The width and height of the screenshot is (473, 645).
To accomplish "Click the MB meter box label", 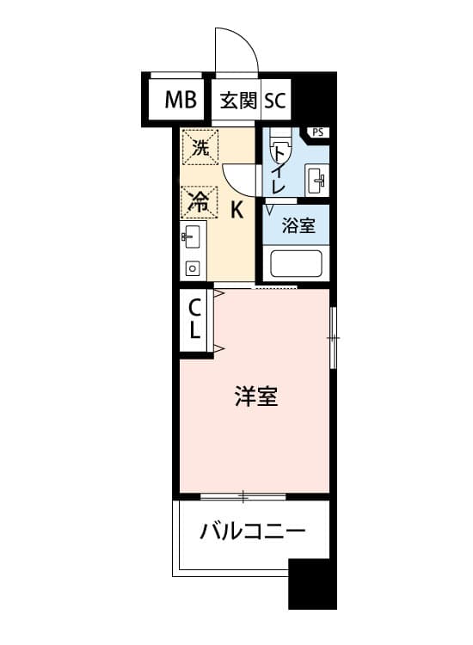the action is (x=181, y=100).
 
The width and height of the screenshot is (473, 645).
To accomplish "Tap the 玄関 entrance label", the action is (x=238, y=100).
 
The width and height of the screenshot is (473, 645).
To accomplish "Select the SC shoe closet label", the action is (x=274, y=100).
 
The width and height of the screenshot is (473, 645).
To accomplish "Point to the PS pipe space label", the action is (x=318, y=132).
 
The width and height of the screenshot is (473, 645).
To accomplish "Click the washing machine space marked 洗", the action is (x=200, y=147).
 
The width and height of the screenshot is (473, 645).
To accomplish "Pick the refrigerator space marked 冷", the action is (x=199, y=202).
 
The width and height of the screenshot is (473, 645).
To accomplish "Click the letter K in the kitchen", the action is (x=236, y=210).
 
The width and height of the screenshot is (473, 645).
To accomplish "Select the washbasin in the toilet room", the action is (x=316, y=181).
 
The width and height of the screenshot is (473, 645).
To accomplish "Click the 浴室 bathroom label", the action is (x=298, y=225).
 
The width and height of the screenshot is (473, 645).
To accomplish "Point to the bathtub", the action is (x=296, y=264).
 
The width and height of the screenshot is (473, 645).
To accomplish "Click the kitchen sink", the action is (x=192, y=236).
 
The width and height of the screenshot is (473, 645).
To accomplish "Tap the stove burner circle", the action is (x=192, y=269).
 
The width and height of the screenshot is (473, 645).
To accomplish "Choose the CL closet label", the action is (x=194, y=319).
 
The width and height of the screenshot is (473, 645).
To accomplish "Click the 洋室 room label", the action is (x=256, y=396).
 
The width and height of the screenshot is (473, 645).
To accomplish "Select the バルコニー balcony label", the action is (x=253, y=531).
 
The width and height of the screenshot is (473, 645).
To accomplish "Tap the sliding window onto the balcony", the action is (x=243, y=497).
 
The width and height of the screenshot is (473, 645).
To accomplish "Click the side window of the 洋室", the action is (x=334, y=338).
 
